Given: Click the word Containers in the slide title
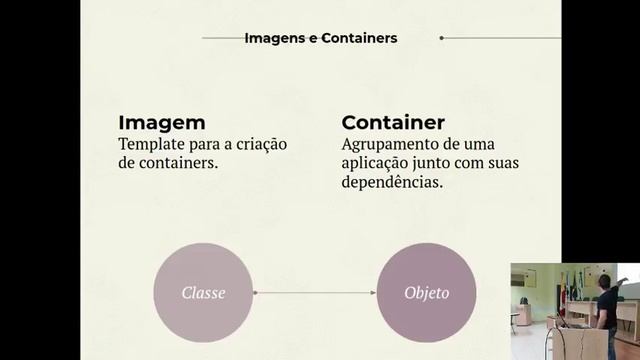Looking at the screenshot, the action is (359, 38).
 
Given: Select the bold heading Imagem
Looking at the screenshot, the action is (162, 123).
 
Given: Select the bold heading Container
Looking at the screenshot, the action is (393, 123).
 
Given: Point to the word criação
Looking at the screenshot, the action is (261, 144).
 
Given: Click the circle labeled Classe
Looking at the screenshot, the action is (203, 293).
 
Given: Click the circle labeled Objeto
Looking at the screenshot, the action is (426, 293).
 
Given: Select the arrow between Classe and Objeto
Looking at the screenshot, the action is (315, 293).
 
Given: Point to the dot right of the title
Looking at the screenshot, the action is (441, 38).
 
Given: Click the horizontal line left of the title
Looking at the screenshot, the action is (222, 38).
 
